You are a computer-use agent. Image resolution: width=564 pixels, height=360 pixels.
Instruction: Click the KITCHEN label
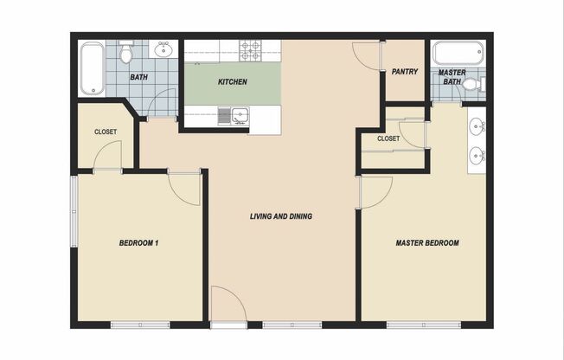(232, 82)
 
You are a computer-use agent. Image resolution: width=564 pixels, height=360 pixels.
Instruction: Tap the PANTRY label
(406, 72)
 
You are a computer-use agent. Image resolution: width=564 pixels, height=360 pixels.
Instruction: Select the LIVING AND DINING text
(281, 216)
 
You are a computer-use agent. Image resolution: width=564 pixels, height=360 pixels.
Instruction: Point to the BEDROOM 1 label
(138, 243)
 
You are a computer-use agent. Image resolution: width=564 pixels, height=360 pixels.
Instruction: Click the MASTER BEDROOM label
(427, 243)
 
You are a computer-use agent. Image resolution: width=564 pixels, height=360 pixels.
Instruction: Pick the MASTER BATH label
(452, 77)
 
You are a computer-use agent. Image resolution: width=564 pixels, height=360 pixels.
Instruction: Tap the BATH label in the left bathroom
(138, 77)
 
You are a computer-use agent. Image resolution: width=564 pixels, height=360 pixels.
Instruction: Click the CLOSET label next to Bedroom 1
(106, 132)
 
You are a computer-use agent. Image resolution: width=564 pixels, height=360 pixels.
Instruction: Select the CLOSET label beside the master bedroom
(388, 138)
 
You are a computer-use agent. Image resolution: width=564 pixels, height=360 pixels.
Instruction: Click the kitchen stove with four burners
(250, 50)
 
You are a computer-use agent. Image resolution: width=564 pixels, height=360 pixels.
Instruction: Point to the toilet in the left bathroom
(126, 55)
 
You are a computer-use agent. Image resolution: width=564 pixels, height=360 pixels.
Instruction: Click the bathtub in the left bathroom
(92, 69)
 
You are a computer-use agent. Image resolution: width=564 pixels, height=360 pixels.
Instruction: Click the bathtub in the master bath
(459, 53)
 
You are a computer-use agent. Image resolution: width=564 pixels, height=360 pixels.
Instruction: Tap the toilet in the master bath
(470, 85)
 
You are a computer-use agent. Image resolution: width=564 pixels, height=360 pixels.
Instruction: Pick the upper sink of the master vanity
(476, 127)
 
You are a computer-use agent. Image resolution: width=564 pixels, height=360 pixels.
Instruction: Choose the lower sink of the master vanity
(476, 157)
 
